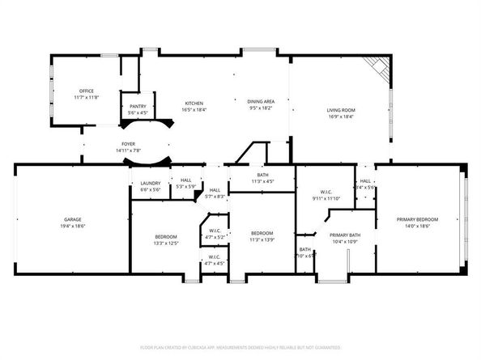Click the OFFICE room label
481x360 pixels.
pyautogui.click(x=87, y=91)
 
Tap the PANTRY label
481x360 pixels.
pyautogui.click(x=138, y=107)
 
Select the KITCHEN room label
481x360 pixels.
pyautogui.click(x=194, y=102)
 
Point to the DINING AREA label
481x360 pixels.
pyautogui.click(x=260, y=101)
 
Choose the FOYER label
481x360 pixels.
pyautogui.click(x=128, y=144)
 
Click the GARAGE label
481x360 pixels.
pyautogui.click(x=73, y=219)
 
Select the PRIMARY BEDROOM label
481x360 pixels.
pyautogui.click(x=417, y=219)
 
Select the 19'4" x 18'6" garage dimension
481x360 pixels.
pyautogui.click(x=73, y=226)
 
